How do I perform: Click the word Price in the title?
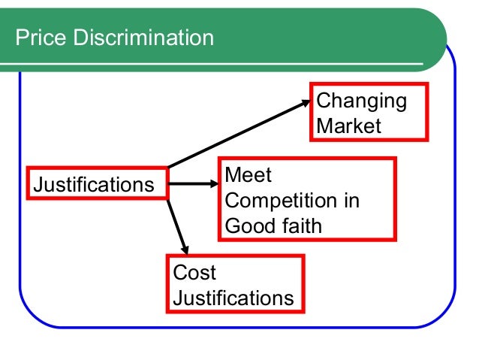pos(41,37)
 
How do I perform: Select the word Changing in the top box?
pos(361,101)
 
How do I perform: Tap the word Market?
pos(348,126)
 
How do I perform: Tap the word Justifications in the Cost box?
pos(233,298)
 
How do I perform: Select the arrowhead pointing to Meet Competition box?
pos(212,183)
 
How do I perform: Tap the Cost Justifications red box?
pos(234,284)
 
